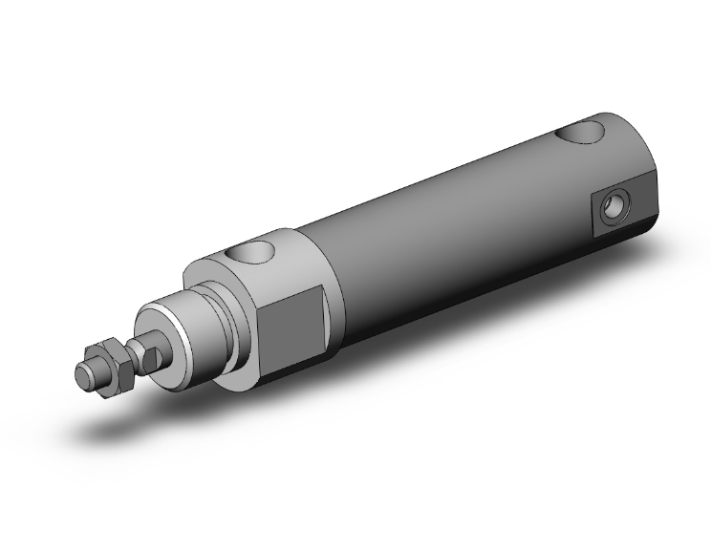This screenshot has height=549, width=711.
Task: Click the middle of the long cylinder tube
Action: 449,229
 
